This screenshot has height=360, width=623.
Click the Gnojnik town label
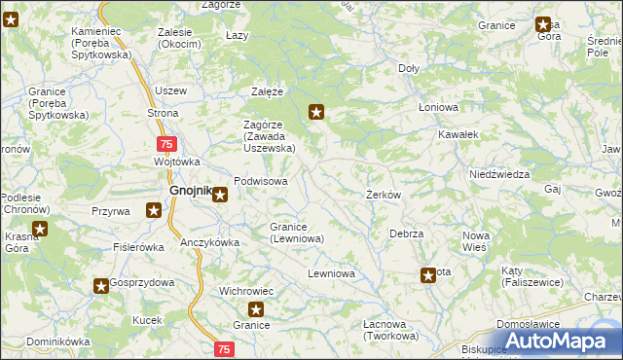point(190,192)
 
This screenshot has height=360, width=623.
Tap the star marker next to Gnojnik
point(221,195)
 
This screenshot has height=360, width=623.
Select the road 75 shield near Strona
point(166,144)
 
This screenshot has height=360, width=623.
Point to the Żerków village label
point(384,195)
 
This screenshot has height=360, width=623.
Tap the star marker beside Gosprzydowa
point(101,286)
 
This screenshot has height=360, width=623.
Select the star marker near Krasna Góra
point(40,230)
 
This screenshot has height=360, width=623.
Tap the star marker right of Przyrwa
point(154,209)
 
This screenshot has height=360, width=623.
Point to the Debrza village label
point(406,234)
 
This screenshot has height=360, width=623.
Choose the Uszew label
point(170,90)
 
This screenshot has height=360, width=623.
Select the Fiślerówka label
point(138,247)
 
